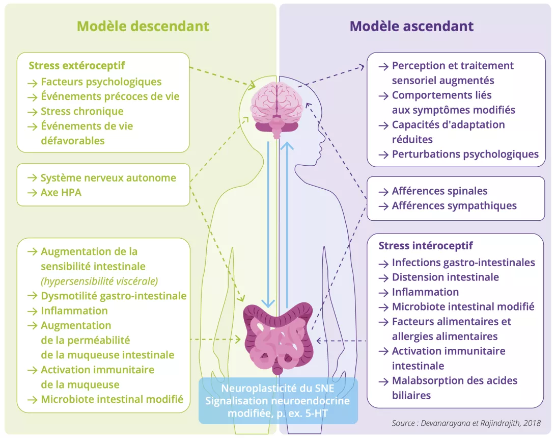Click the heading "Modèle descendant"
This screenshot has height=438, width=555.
[143, 27]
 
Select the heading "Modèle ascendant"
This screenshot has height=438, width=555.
[411, 27]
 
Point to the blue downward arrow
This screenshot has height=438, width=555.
[268, 224]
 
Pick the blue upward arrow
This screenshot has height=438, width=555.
[288, 224]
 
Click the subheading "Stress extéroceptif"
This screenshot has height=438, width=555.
[77, 66]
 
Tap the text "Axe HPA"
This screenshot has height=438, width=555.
[61, 193]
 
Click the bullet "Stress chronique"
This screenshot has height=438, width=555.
[82, 111]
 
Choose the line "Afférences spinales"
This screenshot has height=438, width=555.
[439, 191]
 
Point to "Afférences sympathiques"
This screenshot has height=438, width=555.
[454, 206]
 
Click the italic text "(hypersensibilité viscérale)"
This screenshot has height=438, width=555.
[99, 281]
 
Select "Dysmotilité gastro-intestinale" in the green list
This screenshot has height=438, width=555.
[114, 296]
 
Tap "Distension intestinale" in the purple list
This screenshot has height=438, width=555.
[445, 277]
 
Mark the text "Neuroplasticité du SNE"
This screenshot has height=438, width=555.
[277, 389]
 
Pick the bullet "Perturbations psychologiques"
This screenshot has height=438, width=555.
[465, 154]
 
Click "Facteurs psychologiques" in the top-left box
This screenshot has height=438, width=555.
[101, 82]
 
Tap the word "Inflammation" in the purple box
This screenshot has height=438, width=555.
[425, 292]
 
